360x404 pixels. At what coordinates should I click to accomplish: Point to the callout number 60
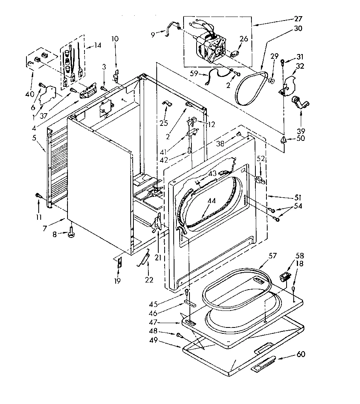point(300,354)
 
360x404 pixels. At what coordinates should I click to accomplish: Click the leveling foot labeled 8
point(71,234)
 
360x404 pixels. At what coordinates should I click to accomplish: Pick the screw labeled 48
point(180,335)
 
